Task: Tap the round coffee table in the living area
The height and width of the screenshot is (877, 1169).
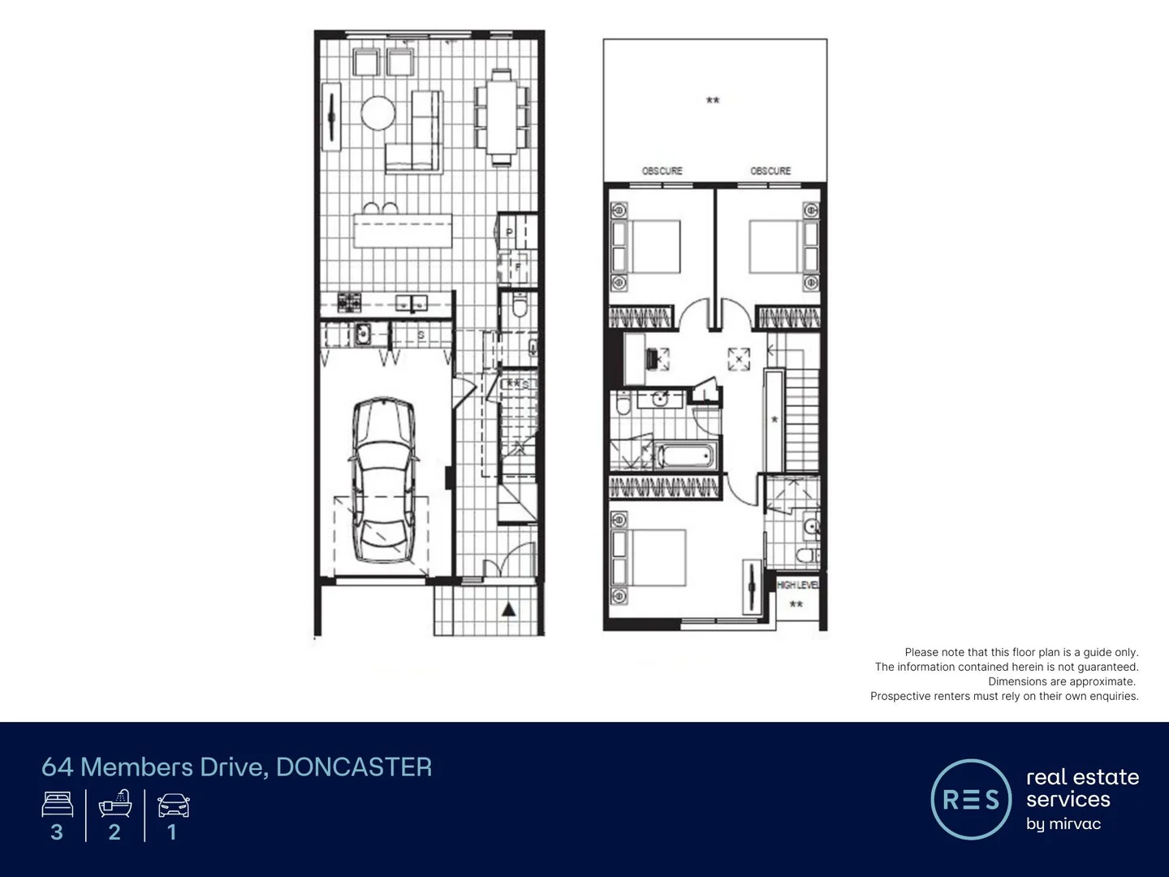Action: tap(377, 113)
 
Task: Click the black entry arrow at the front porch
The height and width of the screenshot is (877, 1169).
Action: tap(508, 609)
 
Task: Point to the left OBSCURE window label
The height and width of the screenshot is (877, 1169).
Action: tap(662, 171)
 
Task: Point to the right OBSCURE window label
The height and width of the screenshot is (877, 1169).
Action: tap(770, 171)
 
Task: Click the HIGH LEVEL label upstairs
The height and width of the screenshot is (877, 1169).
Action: tap(797, 585)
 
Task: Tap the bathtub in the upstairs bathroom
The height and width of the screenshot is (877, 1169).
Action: tap(686, 455)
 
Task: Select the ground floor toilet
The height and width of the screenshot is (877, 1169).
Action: tap(520, 306)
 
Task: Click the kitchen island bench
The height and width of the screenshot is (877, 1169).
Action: tap(403, 231)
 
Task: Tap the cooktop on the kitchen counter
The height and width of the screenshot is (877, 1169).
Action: tap(349, 303)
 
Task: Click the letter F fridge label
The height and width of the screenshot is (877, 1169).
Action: tap(516, 267)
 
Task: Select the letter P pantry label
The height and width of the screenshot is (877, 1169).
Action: tap(509, 233)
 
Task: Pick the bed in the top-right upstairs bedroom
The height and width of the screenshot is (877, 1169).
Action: tap(774, 246)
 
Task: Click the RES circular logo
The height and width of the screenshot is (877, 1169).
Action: tap(971, 799)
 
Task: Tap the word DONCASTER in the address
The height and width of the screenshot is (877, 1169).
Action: tap(354, 767)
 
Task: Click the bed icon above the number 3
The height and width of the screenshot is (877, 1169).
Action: tap(57, 805)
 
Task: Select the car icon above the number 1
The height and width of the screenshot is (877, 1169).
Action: tap(173, 806)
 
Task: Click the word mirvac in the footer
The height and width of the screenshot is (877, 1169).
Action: tap(1074, 823)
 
